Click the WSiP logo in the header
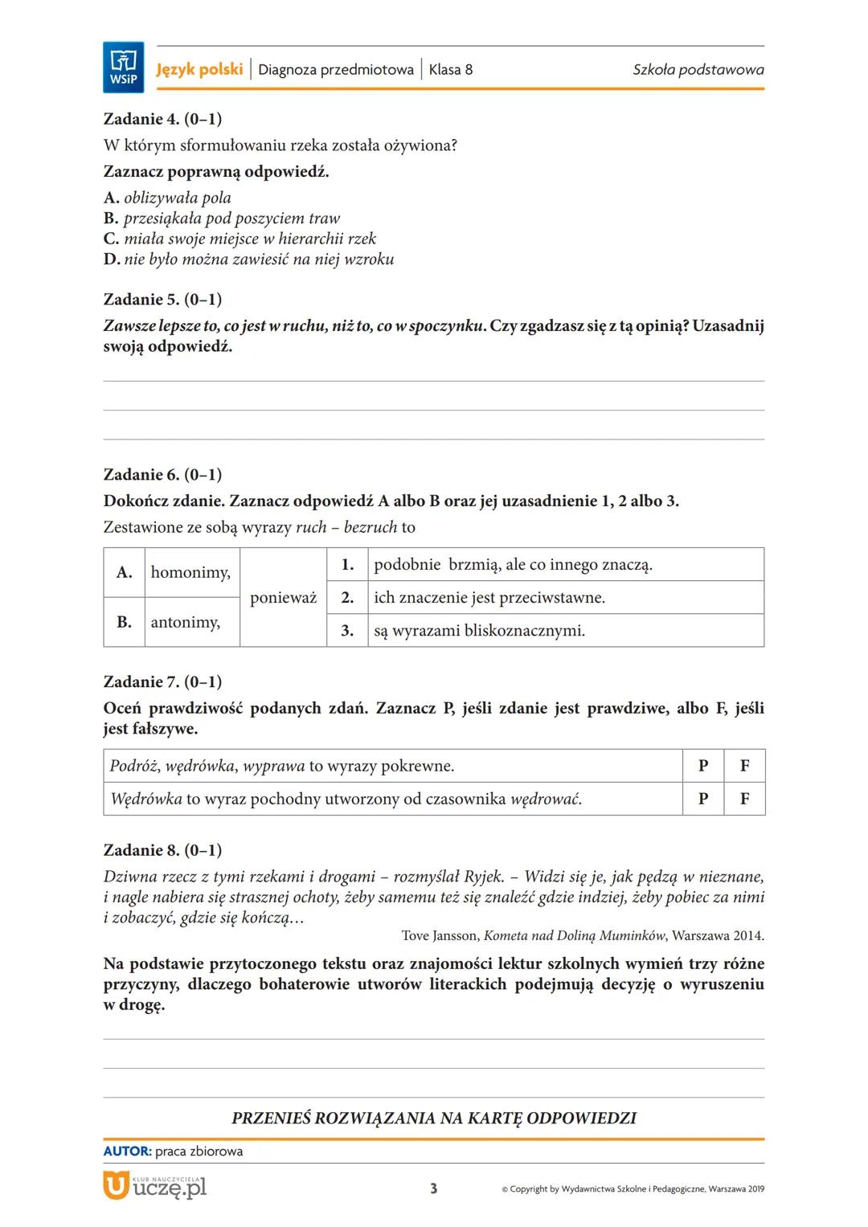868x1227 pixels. (123, 67)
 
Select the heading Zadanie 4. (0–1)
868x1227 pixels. (162, 119)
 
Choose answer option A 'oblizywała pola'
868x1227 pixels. (168, 198)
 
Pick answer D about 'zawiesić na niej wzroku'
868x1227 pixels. (249, 259)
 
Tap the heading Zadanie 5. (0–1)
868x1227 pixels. (162, 299)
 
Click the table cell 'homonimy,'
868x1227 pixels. (190, 572)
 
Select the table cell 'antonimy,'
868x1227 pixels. (186, 622)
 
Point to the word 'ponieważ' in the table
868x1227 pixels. (283, 598)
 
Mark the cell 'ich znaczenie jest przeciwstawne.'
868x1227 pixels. (489, 597)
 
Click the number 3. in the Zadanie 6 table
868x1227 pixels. (347, 631)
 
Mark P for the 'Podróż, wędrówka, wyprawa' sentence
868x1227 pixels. (703, 766)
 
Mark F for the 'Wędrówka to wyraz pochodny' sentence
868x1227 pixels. (744, 799)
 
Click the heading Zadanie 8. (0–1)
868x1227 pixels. (162, 850)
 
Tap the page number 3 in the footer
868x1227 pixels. (434, 1188)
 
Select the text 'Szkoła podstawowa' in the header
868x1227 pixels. (698, 69)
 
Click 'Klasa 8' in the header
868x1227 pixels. (450, 69)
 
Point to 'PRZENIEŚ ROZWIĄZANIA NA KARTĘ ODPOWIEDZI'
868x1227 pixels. (434, 1118)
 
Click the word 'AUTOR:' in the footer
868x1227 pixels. (127, 1151)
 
